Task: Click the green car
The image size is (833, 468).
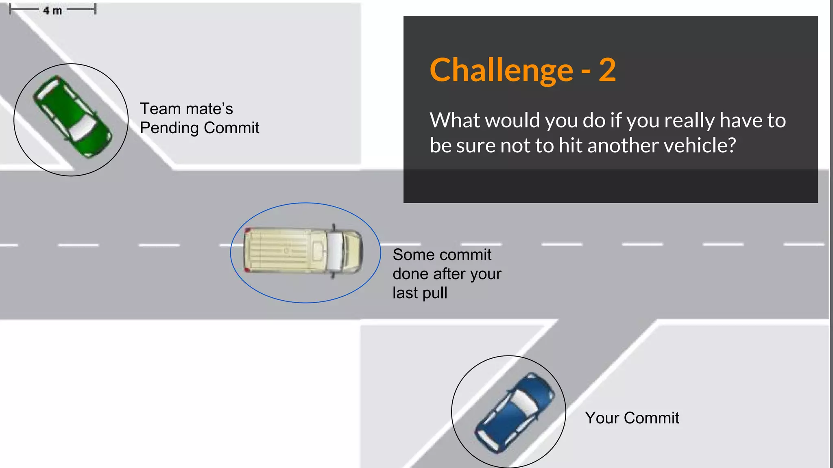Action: pyautogui.click(x=72, y=117)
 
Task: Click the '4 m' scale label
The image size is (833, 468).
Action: pyautogui.click(x=52, y=11)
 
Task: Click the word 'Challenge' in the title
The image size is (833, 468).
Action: pyautogui.click(x=502, y=70)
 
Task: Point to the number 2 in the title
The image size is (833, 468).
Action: pyautogui.click(x=607, y=70)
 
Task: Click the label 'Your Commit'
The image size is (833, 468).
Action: pyautogui.click(x=632, y=418)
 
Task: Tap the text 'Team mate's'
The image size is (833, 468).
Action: pyautogui.click(x=186, y=108)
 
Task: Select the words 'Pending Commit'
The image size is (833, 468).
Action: pyautogui.click(x=199, y=128)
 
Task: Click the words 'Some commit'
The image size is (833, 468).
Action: pyautogui.click(x=442, y=255)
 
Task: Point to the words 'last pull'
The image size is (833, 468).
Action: pyautogui.click(x=420, y=292)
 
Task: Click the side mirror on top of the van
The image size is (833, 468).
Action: pyautogui.click(x=334, y=226)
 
